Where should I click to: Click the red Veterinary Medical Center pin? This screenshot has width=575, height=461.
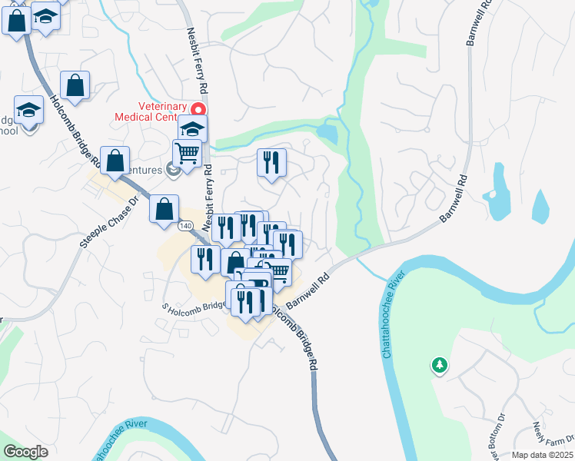pos(198,110)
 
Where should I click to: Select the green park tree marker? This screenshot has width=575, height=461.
pos(439,366)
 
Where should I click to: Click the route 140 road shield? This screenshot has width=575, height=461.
pos(185,227)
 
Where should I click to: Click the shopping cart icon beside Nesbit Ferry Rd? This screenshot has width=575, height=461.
pos(187,153)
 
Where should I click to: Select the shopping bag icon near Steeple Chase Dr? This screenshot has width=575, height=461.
pos(115,161)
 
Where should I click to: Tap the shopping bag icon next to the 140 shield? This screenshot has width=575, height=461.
pos(164,208)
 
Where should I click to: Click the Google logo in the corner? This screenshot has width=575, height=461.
pos(25,452)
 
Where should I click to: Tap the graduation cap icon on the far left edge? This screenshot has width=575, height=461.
pos(28,110)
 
